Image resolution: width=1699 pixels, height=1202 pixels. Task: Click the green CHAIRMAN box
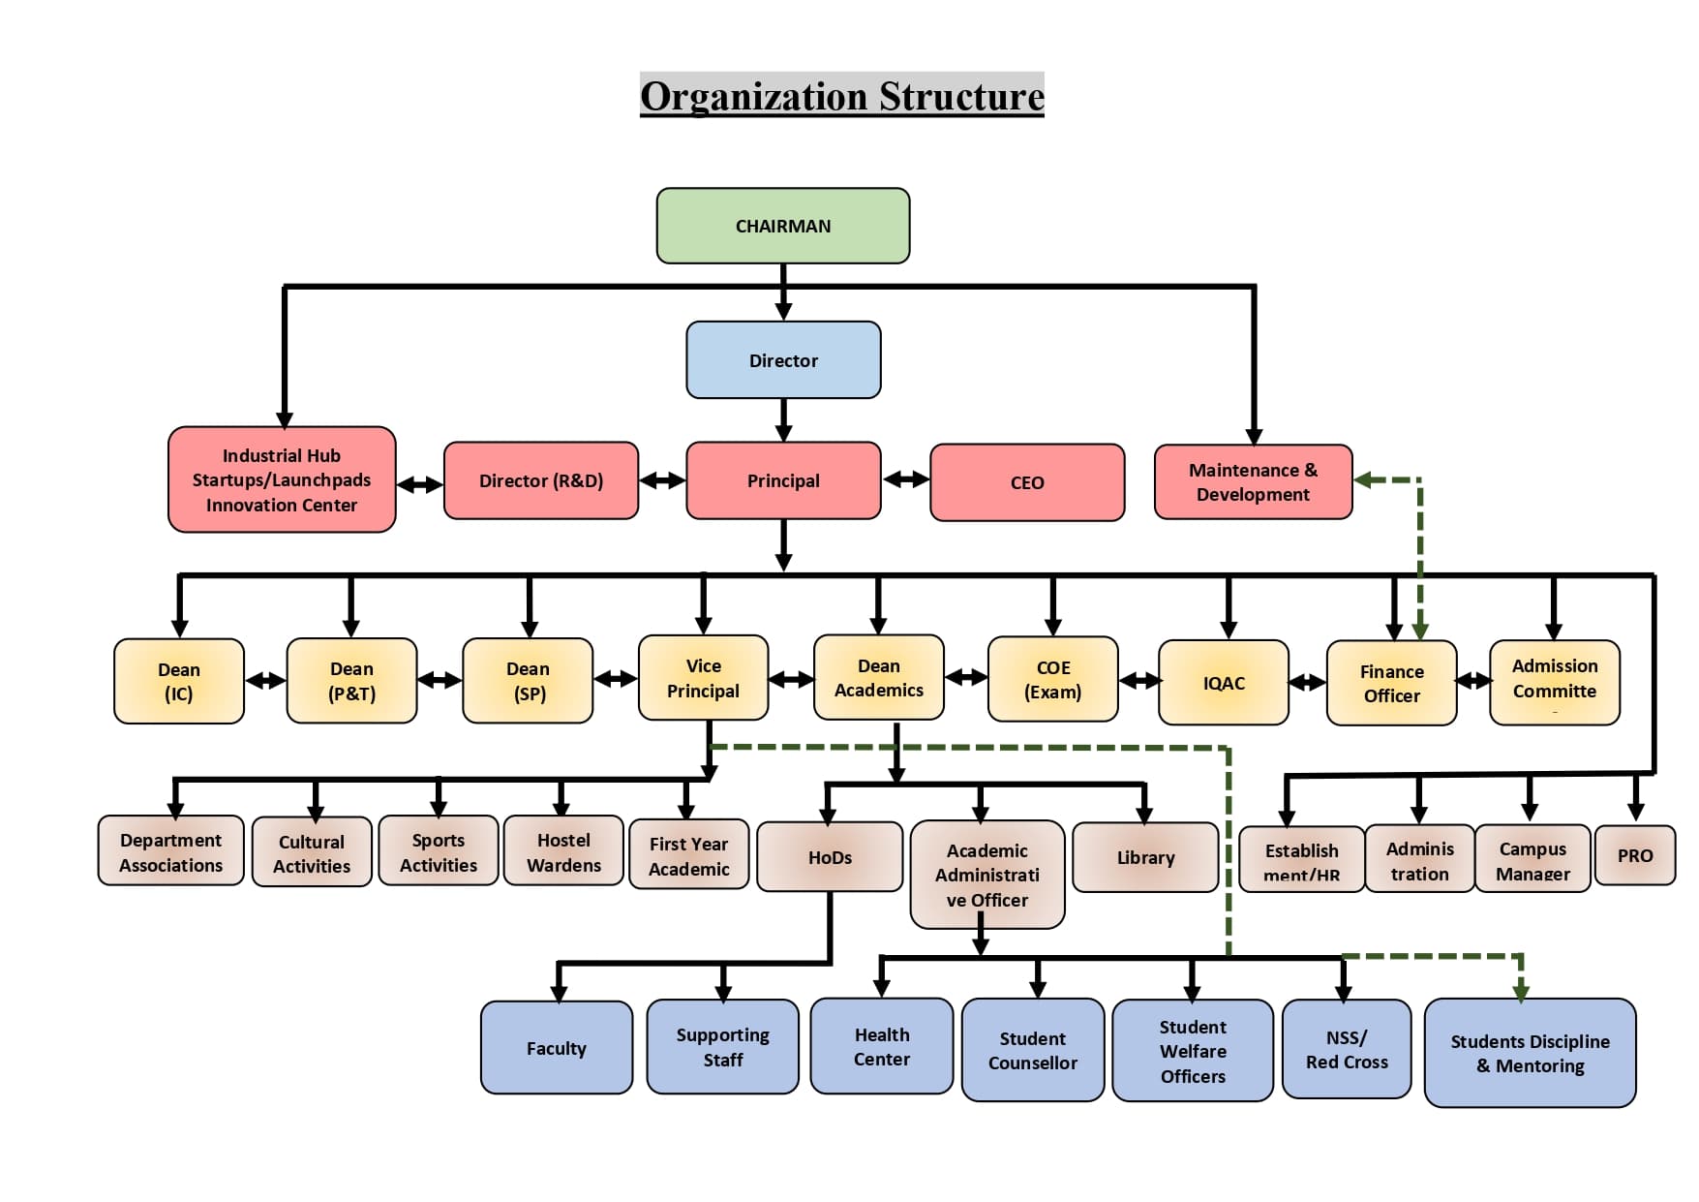click(x=782, y=226)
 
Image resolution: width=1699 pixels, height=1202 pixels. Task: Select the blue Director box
click(x=783, y=360)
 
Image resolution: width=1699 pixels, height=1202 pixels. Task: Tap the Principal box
click(x=783, y=480)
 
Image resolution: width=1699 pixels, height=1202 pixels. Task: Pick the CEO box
click(x=1027, y=482)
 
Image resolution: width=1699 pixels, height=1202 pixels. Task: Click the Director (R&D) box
click(x=541, y=480)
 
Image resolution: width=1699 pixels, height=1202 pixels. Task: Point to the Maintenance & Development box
click(x=1253, y=481)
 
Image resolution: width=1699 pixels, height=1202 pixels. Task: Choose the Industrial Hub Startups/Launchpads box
click(x=282, y=479)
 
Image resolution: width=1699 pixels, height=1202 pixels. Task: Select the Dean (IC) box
click(x=179, y=681)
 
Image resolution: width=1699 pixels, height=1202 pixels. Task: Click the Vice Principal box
click(x=703, y=678)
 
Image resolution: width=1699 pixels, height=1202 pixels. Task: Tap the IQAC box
click(x=1224, y=683)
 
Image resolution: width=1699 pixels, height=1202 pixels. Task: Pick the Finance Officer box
click(x=1391, y=683)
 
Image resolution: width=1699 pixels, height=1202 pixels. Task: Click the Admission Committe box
click(x=1554, y=682)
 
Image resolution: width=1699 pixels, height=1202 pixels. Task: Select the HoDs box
click(x=830, y=857)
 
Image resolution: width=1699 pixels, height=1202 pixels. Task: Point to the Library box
click(x=1145, y=857)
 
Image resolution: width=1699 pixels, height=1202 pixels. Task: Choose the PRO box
click(x=1634, y=855)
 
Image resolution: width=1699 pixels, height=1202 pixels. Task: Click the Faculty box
click(x=557, y=1048)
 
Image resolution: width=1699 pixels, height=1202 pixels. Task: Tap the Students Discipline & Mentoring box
click(x=1530, y=1053)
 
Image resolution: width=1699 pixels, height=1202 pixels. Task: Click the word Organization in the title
click(x=753, y=96)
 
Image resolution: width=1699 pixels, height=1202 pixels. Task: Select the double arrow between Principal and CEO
click(x=906, y=479)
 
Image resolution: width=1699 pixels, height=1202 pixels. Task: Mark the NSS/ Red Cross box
click(x=1347, y=1050)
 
